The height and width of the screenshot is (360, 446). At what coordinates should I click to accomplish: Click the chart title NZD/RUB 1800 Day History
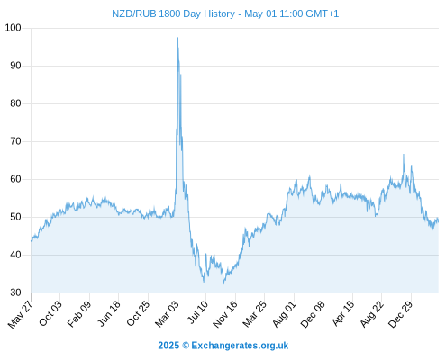[173, 13]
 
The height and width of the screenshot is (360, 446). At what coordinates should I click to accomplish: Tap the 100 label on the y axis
[13, 28]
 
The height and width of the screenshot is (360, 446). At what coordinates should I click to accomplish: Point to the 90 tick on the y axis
[15, 66]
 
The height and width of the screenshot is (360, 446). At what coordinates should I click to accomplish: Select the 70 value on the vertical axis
[15, 141]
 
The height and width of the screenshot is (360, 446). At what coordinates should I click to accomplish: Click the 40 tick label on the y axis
[15, 255]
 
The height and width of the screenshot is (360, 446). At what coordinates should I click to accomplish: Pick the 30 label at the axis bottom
[15, 292]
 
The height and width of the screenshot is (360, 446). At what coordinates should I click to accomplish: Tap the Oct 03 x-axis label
[50, 313]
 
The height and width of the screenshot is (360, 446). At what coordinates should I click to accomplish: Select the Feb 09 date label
[79, 314]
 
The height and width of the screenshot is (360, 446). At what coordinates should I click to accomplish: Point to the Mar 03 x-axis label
[167, 314]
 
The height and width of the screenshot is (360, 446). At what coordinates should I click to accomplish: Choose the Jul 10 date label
[198, 312]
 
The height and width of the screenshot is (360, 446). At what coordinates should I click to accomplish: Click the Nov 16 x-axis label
[225, 314]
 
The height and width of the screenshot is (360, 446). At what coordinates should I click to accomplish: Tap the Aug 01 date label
[284, 314]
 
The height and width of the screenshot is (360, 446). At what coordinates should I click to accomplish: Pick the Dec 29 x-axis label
[401, 314]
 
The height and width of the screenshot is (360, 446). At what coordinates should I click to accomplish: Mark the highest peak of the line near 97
[177, 38]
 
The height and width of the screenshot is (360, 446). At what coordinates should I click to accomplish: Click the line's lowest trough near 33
[223, 283]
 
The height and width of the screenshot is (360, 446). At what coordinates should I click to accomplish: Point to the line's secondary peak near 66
[404, 155]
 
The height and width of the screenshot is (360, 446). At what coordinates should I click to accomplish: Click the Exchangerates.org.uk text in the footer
[240, 346]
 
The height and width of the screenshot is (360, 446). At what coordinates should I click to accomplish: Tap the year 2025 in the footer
[168, 346]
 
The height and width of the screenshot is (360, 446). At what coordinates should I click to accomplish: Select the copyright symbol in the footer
[186, 346]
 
